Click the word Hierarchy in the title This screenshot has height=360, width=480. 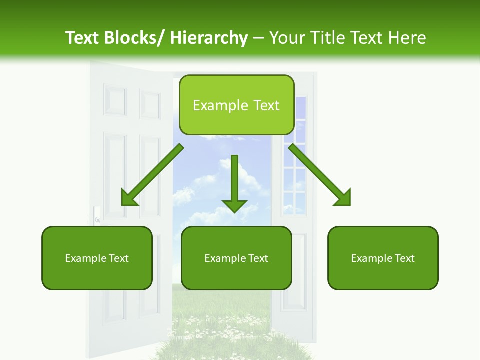pos(209,38)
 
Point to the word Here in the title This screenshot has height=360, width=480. pos(408,38)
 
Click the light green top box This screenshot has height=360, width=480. pos(236,105)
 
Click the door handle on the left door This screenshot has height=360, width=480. pos(97,215)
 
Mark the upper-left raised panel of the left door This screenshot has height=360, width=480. pos(115,100)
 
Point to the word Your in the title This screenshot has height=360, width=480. pos(285,38)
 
